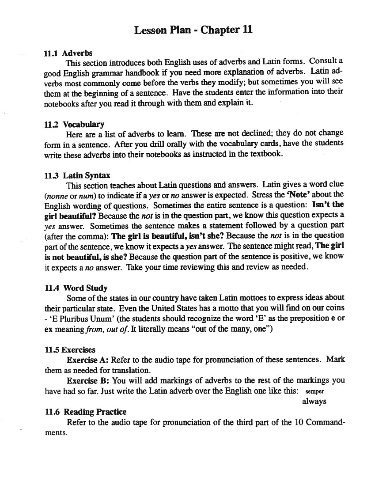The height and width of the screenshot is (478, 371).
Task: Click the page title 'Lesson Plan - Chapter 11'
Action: pos(193,30)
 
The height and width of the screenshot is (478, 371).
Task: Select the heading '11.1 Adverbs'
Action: pos(68,53)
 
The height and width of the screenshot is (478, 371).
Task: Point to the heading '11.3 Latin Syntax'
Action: pos(77,175)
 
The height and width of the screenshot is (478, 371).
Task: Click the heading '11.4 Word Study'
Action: pos(76,288)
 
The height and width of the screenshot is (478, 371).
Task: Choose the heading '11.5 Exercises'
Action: pos(70,350)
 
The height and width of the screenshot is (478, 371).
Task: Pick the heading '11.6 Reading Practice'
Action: pos(86,412)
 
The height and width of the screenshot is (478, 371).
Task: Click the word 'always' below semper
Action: pos(314,401)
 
